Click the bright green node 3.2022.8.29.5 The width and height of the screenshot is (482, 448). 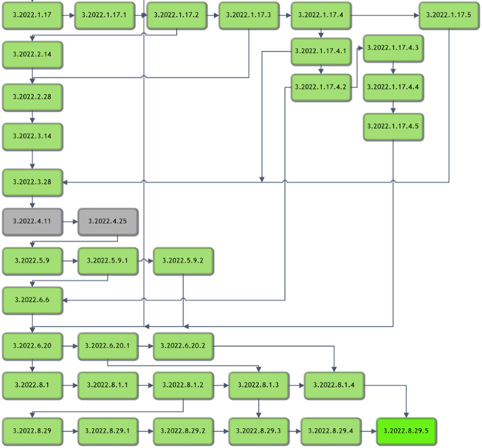coord(407,430)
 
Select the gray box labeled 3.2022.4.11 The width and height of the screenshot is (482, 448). coord(32,221)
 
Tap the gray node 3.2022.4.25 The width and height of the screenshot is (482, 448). coord(107,221)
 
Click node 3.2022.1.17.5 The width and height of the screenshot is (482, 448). coord(450,15)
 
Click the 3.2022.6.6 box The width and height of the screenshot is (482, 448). coord(32,300)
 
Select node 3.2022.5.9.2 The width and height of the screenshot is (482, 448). coord(183,261)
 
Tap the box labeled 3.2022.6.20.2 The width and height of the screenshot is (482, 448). coord(183,346)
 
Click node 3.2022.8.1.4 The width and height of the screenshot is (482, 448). coord(334,384)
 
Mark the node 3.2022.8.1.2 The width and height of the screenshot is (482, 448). coord(183,384)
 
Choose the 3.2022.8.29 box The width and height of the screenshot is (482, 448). coord(32,430)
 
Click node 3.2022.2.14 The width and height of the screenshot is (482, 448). coord(32,55)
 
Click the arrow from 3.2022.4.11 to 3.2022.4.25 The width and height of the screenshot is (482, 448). coord(70,221)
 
